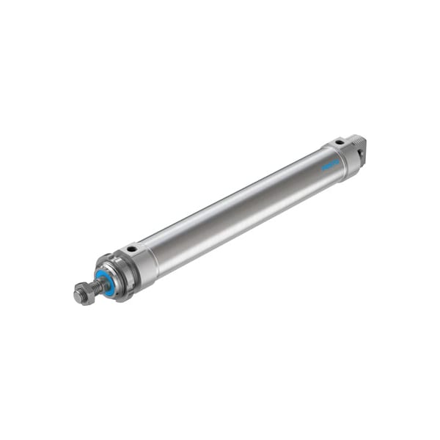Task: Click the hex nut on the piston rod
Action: pyautogui.click(x=82, y=293)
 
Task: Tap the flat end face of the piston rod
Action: pyautogui.click(x=77, y=296)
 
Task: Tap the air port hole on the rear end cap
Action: pyautogui.click(x=340, y=142)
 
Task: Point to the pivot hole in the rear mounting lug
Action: pyautogui.click(x=360, y=153)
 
